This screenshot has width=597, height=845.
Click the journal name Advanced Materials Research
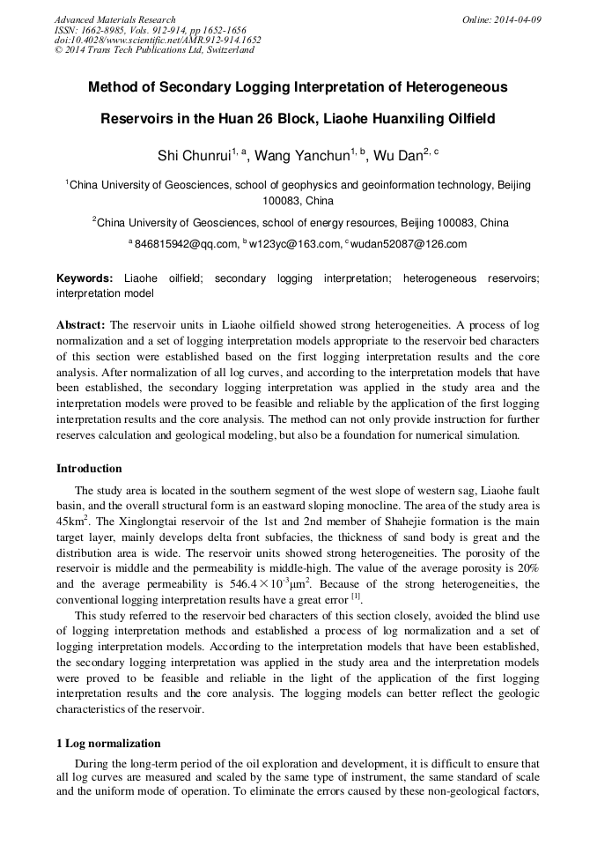tap(114, 19)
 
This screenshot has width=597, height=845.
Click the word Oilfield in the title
tap(464, 118)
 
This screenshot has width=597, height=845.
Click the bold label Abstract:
tap(81, 324)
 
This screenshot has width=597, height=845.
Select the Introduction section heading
tap(89, 468)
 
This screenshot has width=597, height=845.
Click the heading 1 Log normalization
tap(108, 743)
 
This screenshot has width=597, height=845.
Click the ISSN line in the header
tap(151, 30)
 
